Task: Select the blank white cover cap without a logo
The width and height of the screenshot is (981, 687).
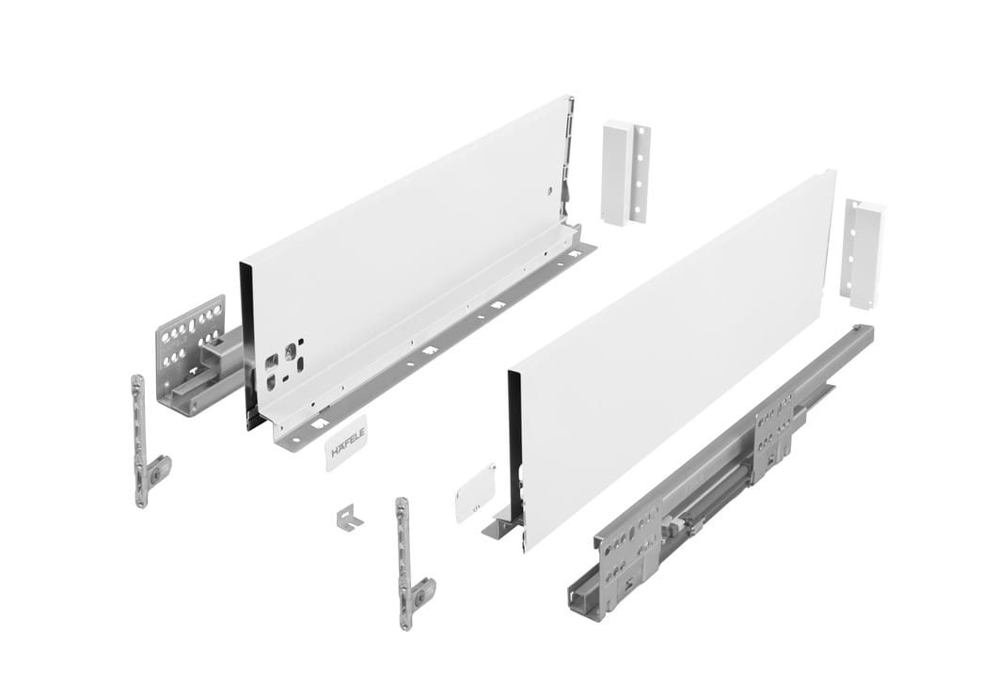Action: point(473,491)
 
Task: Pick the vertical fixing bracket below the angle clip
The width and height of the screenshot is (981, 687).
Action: point(408,565)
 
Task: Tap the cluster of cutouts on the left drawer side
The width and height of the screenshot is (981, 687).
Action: point(282,363)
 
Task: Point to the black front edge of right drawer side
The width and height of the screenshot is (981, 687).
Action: point(514,442)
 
